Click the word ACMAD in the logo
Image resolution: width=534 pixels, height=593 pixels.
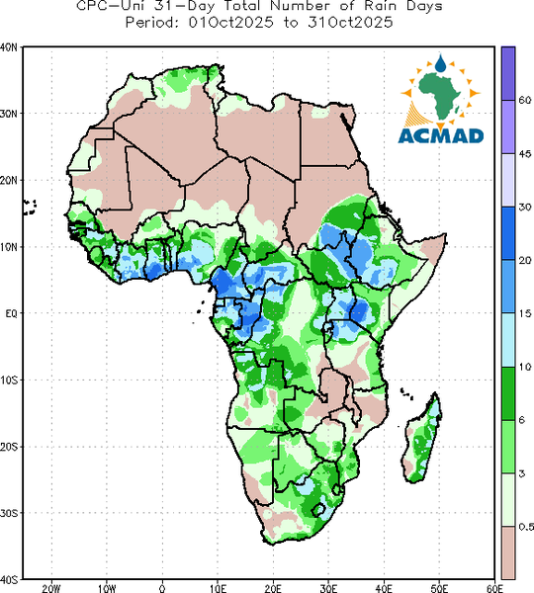(x=441, y=135)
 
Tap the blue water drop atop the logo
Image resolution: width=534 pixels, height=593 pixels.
(x=440, y=63)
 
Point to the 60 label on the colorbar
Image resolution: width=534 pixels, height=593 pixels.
(x=525, y=100)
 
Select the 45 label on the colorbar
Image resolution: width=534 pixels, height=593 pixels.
(x=525, y=154)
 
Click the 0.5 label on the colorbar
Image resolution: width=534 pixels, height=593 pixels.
(x=526, y=527)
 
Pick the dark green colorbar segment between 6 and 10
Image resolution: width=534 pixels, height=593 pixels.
(x=508, y=393)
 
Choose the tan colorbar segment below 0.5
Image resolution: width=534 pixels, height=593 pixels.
(x=508, y=552)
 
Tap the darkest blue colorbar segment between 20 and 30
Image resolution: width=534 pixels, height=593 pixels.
(x=508, y=233)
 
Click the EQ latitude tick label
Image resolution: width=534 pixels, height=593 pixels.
(x=11, y=313)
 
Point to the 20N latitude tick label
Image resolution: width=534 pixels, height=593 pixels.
(x=8, y=181)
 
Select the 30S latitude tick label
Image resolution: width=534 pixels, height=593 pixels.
(x=8, y=513)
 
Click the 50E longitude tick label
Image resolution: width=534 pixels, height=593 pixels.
(x=439, y=588)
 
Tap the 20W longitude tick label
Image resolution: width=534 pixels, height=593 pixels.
(x=51, y=588)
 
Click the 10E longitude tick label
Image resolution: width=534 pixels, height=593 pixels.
(x=218, y=588)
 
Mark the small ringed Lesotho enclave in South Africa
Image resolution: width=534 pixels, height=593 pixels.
(x=318, y=510)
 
